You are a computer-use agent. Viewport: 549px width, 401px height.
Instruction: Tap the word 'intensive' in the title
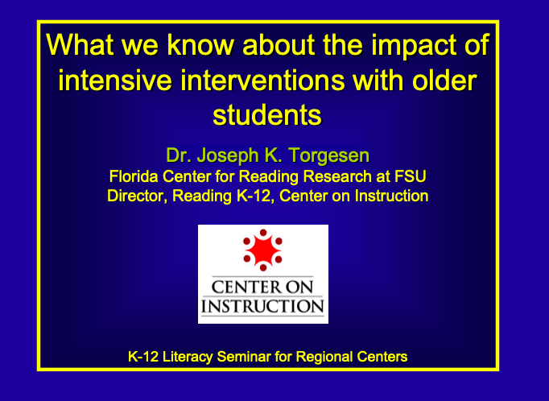pos(115,80)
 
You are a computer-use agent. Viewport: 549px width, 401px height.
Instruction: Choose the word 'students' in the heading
pos(267,115)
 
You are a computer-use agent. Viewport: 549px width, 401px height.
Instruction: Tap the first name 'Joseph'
pos(229,155)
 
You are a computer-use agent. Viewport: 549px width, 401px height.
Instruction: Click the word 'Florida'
pos(134,176)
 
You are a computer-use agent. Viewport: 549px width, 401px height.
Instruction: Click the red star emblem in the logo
pos(263,250)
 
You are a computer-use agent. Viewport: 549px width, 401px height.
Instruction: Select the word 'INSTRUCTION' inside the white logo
pos(262,306)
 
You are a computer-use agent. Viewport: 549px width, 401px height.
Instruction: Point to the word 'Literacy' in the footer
pos(188,357)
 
